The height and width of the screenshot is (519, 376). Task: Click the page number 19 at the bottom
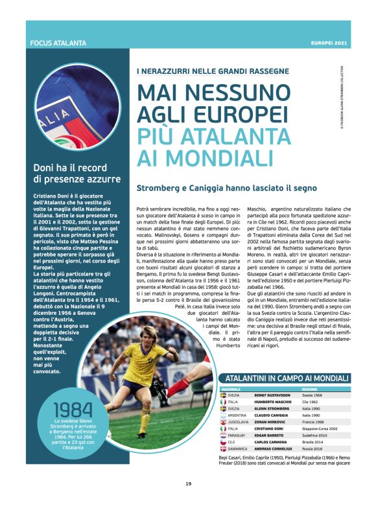tap(188, 502)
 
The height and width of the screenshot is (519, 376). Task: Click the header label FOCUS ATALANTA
tap(58, 43)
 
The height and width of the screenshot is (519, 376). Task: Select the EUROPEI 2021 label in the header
tap(329, 43)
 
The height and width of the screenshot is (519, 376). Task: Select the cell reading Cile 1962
tap(314, 402)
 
